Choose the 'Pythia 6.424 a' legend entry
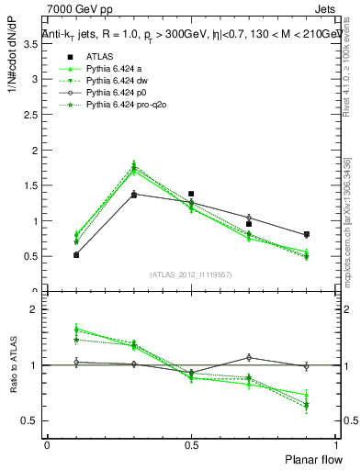pos(111,68)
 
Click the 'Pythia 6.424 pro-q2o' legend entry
pos(122,106)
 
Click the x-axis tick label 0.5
pos(191,444)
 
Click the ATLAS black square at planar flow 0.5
pos(191,194)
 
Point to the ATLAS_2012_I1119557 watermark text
pos(191,274)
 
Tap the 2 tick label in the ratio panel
pos(35,310)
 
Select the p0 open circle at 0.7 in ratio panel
pos(249,357)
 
